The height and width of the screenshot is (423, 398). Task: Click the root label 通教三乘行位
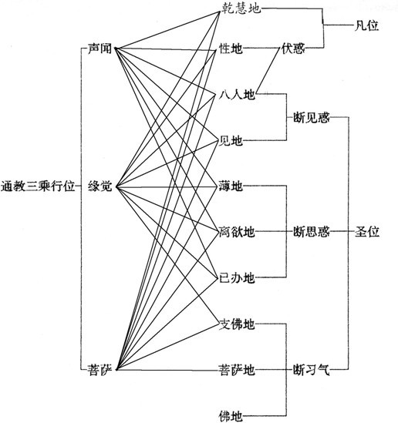[x=38, y=186]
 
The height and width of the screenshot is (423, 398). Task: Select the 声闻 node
[x=99, y=49]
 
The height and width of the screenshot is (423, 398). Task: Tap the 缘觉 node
[x=100, y=186]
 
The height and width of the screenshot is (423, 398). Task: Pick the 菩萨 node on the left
[x=99, y=369]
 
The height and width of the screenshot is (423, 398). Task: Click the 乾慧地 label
[x=241, y=8]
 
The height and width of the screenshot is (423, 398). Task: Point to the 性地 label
[x=231, y=49]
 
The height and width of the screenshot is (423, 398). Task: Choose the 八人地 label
[x=237, y=95]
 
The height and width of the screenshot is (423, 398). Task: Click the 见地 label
[x=230, y=140]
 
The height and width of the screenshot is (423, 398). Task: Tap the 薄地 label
[x=231, y=186]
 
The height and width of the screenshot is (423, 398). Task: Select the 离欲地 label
[x=237, y=232]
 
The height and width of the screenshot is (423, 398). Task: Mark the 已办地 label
[x=237, y=277]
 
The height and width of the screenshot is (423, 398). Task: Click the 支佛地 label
[x=237, y=324]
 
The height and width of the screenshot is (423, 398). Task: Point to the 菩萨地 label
[x=237, y=369]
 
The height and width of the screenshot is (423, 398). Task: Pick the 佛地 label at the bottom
[x=231, y=416]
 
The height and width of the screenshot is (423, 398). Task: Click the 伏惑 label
[x=293, y=49]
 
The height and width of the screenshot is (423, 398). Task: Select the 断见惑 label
[x=312, y=118]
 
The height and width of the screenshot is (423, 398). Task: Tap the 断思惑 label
[x=312, y=232]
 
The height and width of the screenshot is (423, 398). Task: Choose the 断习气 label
[x=312, y=369]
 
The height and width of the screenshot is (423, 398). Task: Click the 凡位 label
[x=366, y=25]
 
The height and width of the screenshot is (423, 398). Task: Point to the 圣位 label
[x=367, y=232]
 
